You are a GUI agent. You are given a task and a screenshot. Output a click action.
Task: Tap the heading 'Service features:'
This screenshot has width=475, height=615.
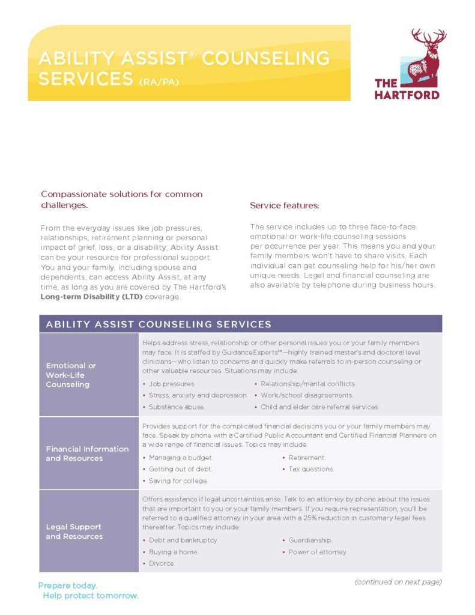pyautogui.click(x=284, y=205)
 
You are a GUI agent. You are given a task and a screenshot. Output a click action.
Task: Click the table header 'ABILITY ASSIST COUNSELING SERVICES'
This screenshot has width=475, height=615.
pyautogui.click(x=159, y=324)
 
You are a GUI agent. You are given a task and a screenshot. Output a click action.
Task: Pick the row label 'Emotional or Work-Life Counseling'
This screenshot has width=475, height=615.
pyautogui.click(x=71, y=375)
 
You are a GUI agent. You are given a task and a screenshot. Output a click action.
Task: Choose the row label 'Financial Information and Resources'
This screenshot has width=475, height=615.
pyautogui.click(x=87, y=453)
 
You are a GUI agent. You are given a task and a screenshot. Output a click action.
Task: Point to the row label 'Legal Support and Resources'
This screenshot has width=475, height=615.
pyautogui.click(x=74, y=532)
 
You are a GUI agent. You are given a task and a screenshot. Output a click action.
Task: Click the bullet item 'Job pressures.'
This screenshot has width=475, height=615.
pyautogui.click(x=172, y=383)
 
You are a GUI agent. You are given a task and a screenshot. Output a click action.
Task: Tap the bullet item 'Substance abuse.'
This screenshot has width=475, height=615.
pyautogui.click(x=177, y=407)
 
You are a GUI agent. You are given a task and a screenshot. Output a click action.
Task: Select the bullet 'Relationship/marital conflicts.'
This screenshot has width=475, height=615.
pyautogui.click(x=308, y=383)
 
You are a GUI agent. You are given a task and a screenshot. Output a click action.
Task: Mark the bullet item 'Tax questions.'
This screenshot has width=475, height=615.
pyautogui.click(x=311, y=469)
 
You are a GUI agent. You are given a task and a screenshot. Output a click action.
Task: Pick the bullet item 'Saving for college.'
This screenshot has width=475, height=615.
pyautogui.click(x=178, y=480)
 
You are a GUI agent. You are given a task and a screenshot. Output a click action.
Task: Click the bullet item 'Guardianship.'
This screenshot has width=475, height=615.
pyautogui.click(x=310, y=540)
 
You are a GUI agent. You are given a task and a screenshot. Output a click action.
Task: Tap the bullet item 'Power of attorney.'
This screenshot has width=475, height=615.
pyautogui.click(x=318, y=552)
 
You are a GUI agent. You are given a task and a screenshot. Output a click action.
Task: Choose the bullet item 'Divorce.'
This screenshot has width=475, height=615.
pyautogui.click(x=162, y=563)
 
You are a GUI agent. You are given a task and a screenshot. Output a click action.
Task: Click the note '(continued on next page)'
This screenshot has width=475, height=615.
pyautogui.click(x=398, y=582)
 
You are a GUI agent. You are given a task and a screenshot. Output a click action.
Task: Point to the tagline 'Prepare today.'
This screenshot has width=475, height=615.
pyautogui.click(x=68, y=585)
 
